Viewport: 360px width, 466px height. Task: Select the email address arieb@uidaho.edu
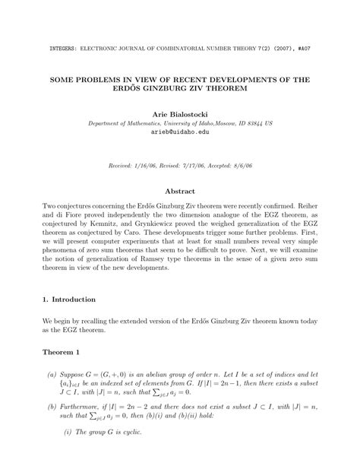click(x=179, y=132)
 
